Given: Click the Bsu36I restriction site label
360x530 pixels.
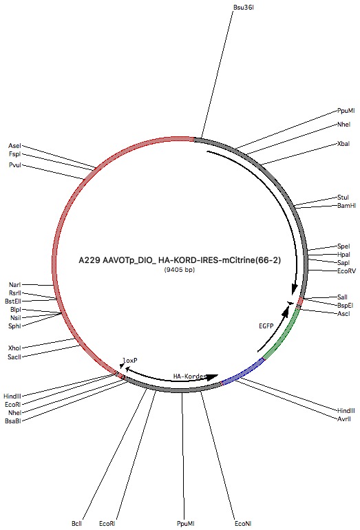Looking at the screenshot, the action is (x=244, y=7).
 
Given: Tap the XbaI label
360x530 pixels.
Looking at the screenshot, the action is (x=343, y=144).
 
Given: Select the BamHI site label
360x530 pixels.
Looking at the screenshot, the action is (x=346, y=206).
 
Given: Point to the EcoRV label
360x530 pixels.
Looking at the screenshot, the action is (x=346, y=271).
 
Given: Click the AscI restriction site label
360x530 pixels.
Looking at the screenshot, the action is (x=343, y=314).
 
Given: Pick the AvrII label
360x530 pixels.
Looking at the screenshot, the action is (x=344, y=418).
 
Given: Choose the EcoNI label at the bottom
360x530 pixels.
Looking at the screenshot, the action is (x=243, y=524).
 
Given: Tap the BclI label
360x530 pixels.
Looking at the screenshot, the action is (x=76, y=524).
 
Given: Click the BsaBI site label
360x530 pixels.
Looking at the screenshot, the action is (x=13, y=421).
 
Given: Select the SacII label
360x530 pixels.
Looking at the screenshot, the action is (x=14, y=357).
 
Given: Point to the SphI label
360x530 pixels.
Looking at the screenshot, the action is (x=14, y=326).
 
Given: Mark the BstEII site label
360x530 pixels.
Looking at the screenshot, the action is (x=13, y=301).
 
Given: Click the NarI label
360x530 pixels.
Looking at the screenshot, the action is (x=15, y=285).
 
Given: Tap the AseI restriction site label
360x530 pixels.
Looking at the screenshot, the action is (x=14, y=146).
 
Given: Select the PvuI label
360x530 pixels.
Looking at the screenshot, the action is (x=15, y=165).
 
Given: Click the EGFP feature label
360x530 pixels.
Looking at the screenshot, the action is (x=266, y=326).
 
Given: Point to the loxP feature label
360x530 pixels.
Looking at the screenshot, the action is (x=130, y=361).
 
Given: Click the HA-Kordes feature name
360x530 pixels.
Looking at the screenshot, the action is (x=189, y=377).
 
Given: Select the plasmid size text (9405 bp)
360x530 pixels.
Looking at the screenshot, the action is (x=180, y=270).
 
